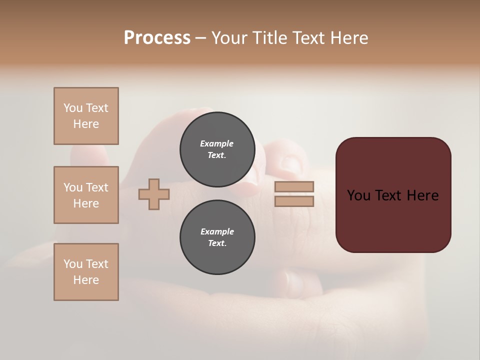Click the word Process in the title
[x=157, y=38]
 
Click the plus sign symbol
[x=154, y=194]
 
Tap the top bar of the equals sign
[x=294, y=186]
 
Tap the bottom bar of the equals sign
[x=294, y=201]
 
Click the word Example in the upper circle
[x=217, y=143]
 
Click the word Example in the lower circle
[x=217, y=231]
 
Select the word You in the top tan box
[x=72, y=108]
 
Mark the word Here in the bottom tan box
[x=86, y=280]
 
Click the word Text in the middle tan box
[x=97, y=187]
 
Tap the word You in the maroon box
[x=358, y=195]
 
